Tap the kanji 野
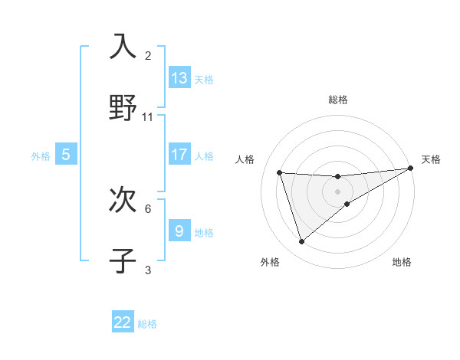tap(123, 107)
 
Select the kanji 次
tap(123, 201)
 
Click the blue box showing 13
tap(179, 77)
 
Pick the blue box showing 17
tap(179, 155)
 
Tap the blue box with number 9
tap(179, 231)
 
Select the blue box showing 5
tap(66, 155)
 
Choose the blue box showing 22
tap(123, 322)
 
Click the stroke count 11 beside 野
tap(148, 117)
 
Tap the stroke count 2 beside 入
tap(148, 55)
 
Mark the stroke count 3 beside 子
tap(148, 270)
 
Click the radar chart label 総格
tap(338, 100)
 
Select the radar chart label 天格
tap(431, 159)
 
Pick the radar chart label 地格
tap(402, 262)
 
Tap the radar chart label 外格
tap(270, 262)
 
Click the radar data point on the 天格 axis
tap(410, 169)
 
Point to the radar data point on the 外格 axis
tap(301, 242)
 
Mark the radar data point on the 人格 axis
tap(280, 173)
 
